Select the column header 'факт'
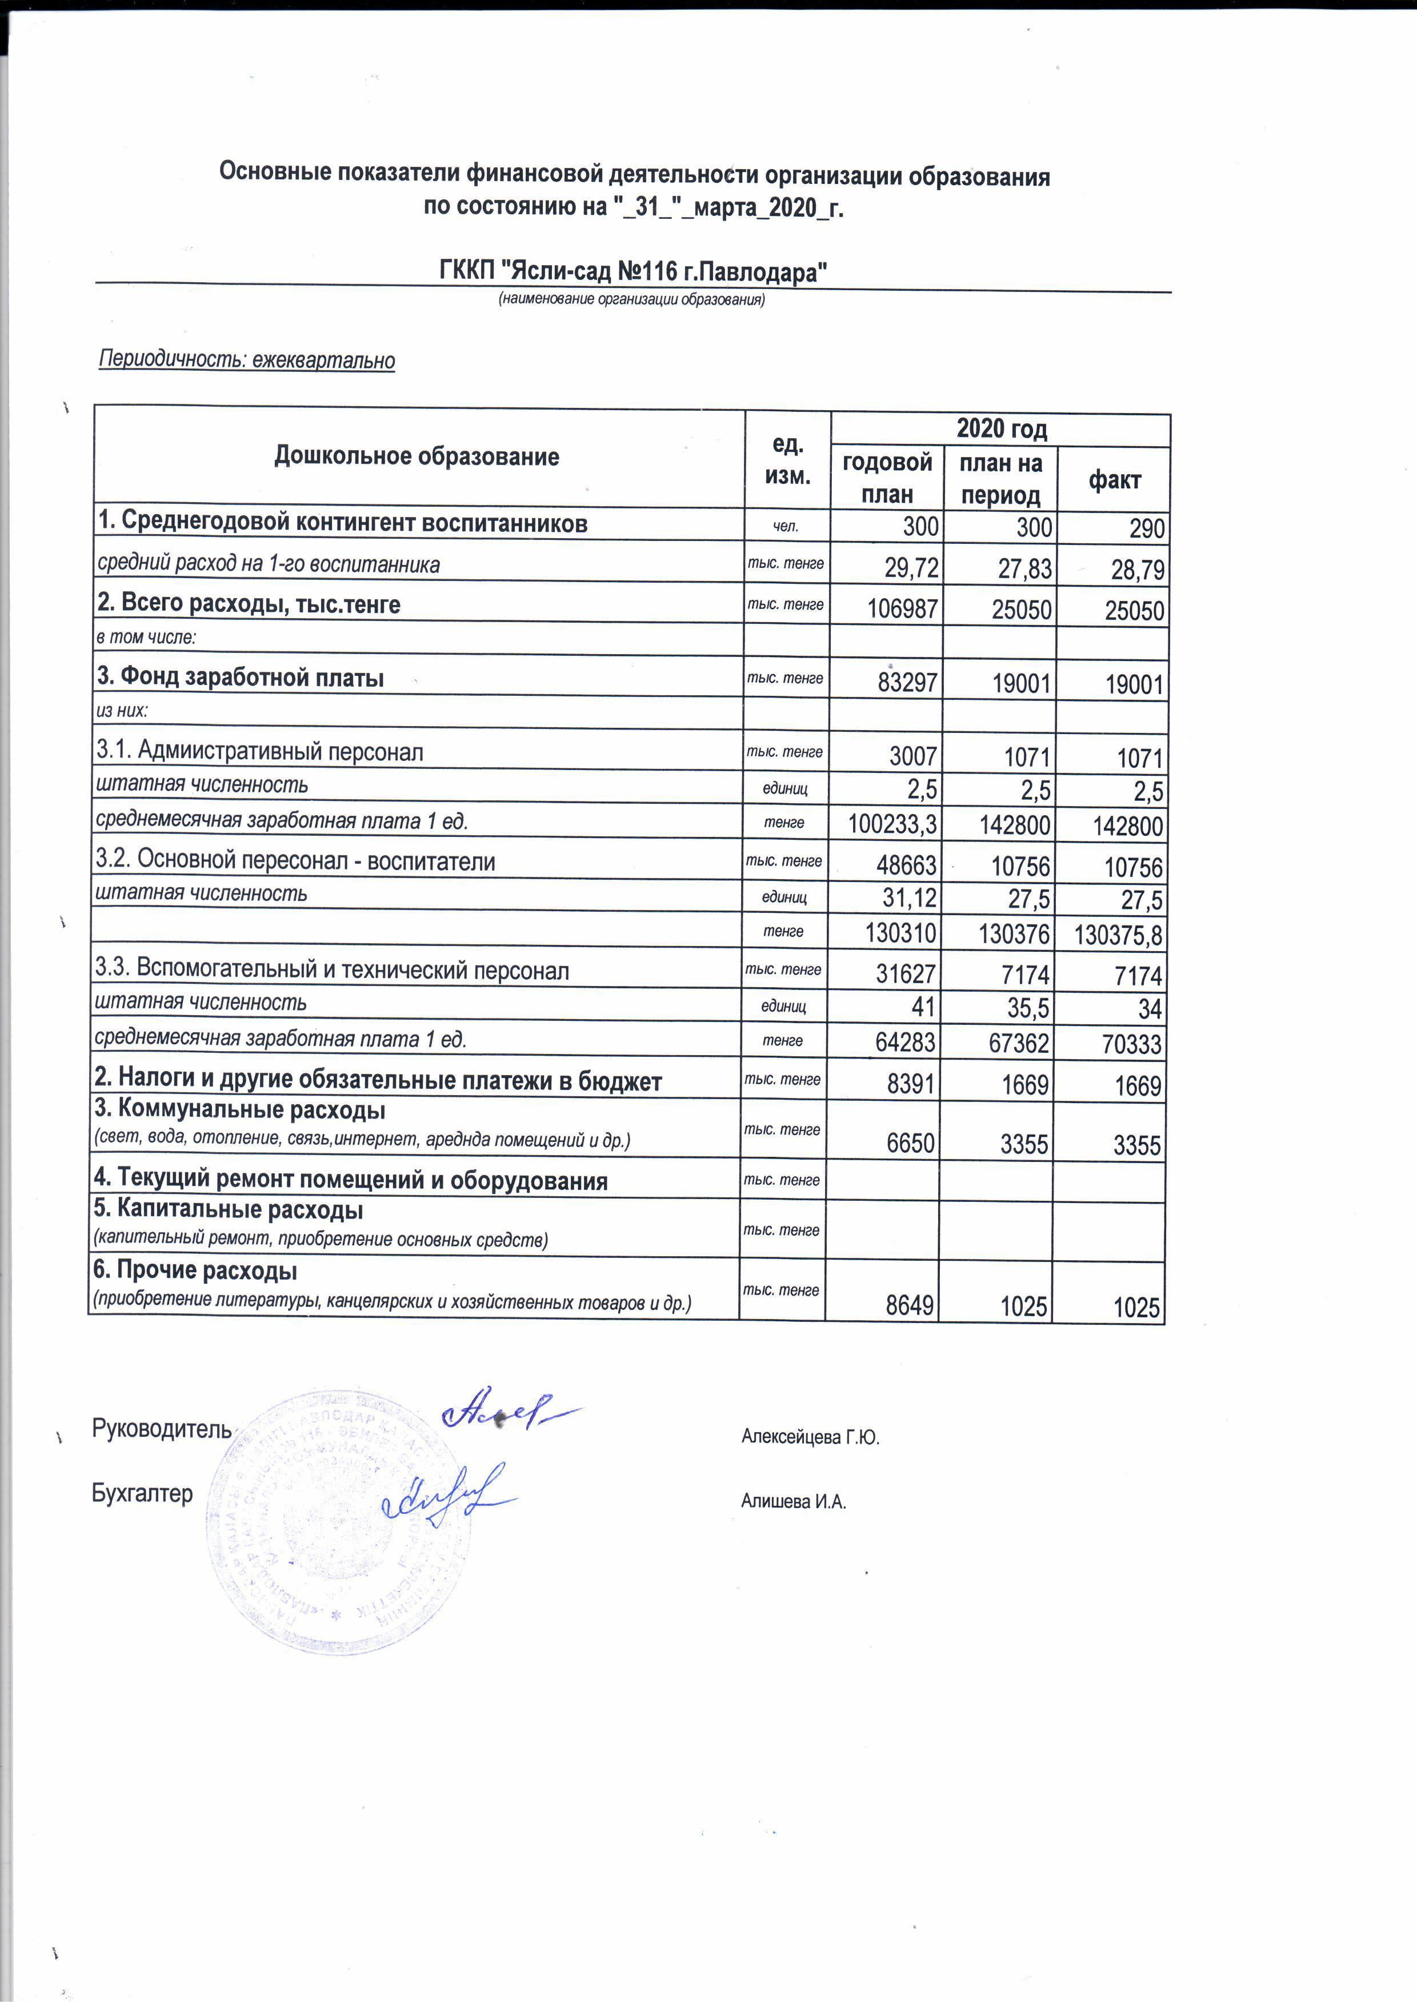(1114, 479)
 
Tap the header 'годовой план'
(887, 478)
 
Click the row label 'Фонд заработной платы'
(241, 678)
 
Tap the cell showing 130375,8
(1118, 936)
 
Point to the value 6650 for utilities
(910, 1144)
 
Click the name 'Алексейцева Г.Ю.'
(810, 1437)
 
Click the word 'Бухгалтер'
(142, 1493)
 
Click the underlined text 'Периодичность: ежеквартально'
(247, 359)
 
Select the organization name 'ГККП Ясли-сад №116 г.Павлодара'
(633, 272)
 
